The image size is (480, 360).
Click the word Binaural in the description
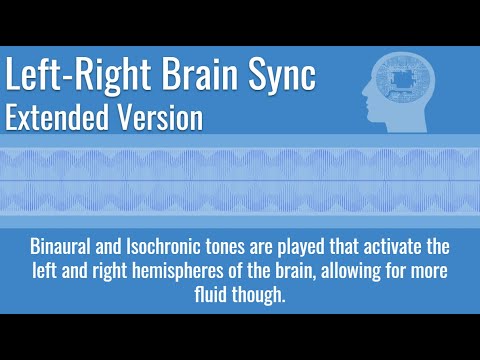pyautogui.click(x=62, y=247)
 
